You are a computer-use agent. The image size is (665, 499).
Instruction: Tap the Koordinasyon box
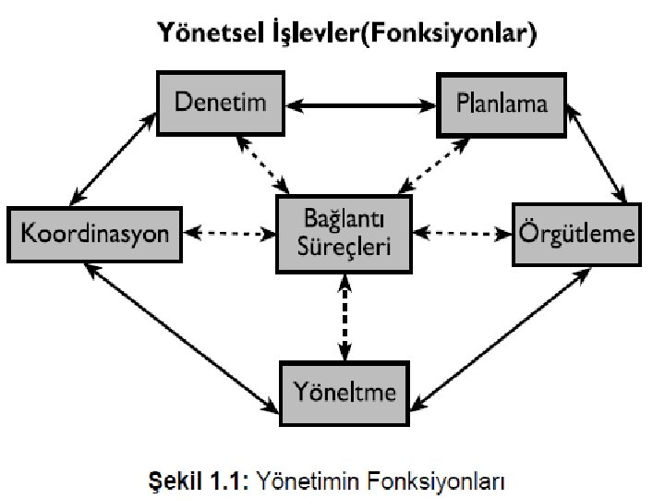(x=95, y=233)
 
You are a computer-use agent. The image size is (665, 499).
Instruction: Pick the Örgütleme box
(x=574, y=233)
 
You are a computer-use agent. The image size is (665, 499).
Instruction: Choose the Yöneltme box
(x=345, y=392)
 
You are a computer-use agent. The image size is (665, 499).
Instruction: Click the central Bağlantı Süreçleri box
(x=345, y=233)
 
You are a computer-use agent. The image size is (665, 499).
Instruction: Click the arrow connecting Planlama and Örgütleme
(x=598, y=153)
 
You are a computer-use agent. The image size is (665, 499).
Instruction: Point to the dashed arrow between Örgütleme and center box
(x=463, y=233)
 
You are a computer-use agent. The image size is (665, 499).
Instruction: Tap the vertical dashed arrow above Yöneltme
(x=345, y=316)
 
